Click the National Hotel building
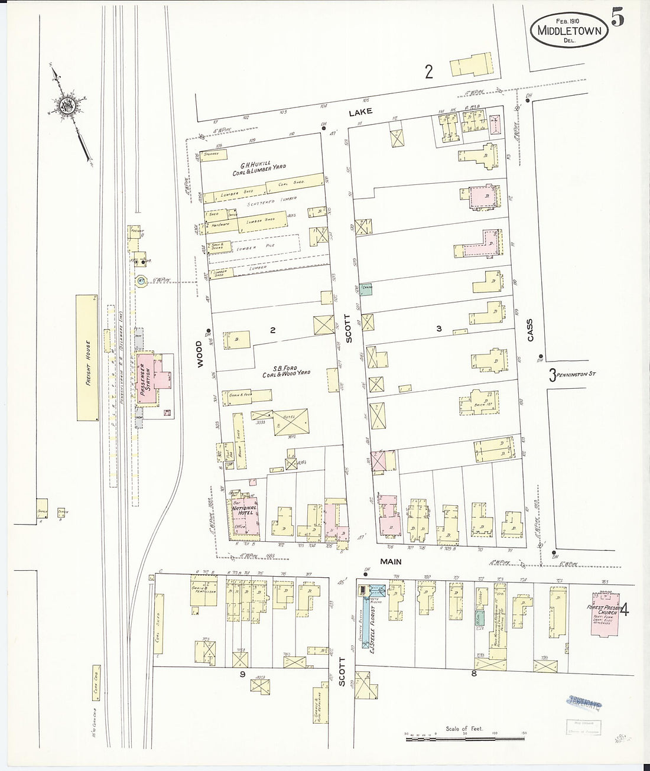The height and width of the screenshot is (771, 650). pyautogui.click(x=243, y=515)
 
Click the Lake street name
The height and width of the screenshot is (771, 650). pyautogui.click(x=360, y=112)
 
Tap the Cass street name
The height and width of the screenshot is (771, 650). pyautogui.click(x=530, y=330)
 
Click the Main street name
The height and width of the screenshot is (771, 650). pyautogui.click(x=391, y=562)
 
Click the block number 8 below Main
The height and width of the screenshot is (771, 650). pyautogui.click(x=474, y=672)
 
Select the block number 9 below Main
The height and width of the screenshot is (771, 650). pyautogui.click(x=242, y=673)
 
